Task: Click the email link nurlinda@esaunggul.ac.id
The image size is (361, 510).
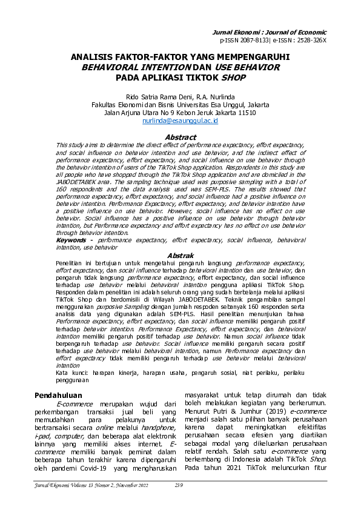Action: pos(180,121)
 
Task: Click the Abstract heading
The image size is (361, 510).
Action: pos(180,137)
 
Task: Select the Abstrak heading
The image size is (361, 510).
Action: pos(180,256)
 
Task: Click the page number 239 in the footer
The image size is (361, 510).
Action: pos(179,485)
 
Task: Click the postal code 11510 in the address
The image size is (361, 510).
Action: pos(245,113)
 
